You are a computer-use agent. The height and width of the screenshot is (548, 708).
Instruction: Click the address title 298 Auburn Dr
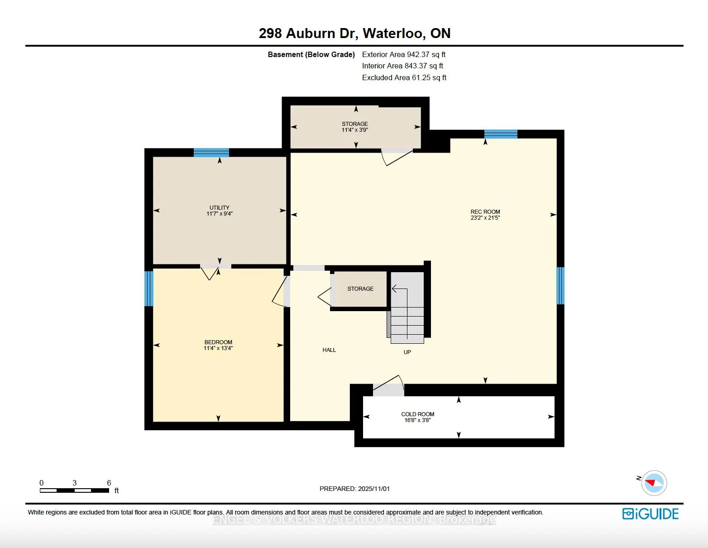354,33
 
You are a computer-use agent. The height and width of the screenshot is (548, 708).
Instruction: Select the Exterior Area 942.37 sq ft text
403,54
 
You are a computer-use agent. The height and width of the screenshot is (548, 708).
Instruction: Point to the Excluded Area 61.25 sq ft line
404,77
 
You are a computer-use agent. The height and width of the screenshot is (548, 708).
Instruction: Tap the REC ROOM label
485,212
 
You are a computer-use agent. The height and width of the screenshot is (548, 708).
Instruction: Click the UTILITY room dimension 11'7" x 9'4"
220,214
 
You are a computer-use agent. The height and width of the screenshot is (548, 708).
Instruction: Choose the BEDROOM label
218,342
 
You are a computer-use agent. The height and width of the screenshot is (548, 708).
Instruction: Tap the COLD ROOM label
417,414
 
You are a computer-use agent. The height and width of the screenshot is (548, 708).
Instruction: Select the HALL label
329,350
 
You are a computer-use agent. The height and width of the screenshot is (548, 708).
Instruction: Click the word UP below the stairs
407,352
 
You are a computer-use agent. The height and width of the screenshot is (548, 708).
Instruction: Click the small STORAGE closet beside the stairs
360,289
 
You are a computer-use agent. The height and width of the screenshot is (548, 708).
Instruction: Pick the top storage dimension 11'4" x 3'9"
355,130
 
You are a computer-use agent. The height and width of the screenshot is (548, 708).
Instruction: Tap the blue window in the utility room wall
211,153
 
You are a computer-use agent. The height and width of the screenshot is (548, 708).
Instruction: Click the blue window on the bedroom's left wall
149,288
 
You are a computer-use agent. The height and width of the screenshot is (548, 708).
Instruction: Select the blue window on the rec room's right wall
560,285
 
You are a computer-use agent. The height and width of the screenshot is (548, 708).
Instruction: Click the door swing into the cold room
388,385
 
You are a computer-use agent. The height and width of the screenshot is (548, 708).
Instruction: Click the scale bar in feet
75,490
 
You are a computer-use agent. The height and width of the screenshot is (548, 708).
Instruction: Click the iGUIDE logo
651,514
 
